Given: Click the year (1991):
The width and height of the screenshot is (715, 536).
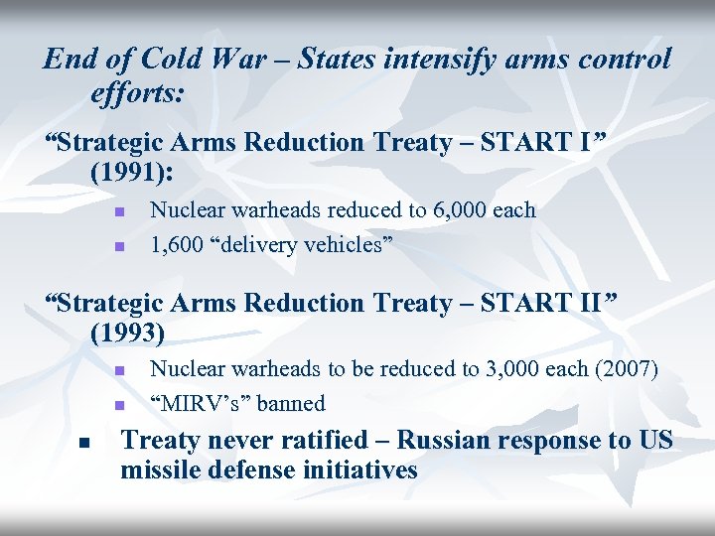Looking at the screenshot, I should click(x=131, y=172).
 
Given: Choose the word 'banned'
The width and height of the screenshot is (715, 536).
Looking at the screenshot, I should click(x=291, y=403).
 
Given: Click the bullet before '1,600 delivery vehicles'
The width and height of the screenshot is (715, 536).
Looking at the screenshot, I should click(x=116, y=244).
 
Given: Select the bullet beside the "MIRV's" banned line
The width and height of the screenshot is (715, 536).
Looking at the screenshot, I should click(x=116, y=405).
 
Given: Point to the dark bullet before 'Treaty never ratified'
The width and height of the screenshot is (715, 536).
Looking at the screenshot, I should click(x=86, y=443).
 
